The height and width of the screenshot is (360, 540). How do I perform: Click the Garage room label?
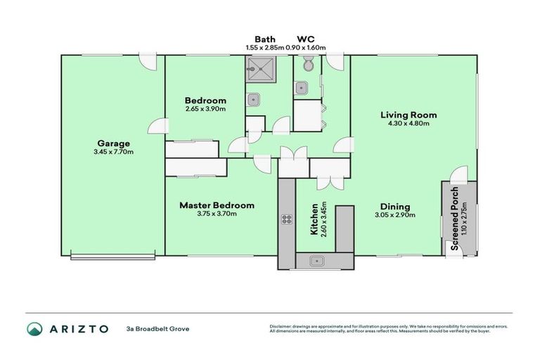113,143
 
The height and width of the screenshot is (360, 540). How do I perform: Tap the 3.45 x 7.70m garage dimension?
113,152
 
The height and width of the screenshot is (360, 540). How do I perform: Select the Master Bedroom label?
217,205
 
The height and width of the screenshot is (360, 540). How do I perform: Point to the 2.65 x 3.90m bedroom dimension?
205,109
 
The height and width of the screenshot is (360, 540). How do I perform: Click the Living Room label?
409,115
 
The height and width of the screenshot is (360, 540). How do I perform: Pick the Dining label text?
395,207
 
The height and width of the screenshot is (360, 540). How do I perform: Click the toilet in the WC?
307,65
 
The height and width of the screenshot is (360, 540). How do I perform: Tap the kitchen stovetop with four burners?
287,219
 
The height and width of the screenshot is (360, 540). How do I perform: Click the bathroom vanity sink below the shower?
254,99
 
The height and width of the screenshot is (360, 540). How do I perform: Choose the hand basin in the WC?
301,88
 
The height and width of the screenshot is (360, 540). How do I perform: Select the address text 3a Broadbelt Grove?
157,328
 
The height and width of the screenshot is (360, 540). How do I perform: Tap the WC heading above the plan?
306,39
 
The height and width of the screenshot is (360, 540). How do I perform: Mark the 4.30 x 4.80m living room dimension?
409,123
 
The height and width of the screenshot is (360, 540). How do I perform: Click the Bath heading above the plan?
264,39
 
